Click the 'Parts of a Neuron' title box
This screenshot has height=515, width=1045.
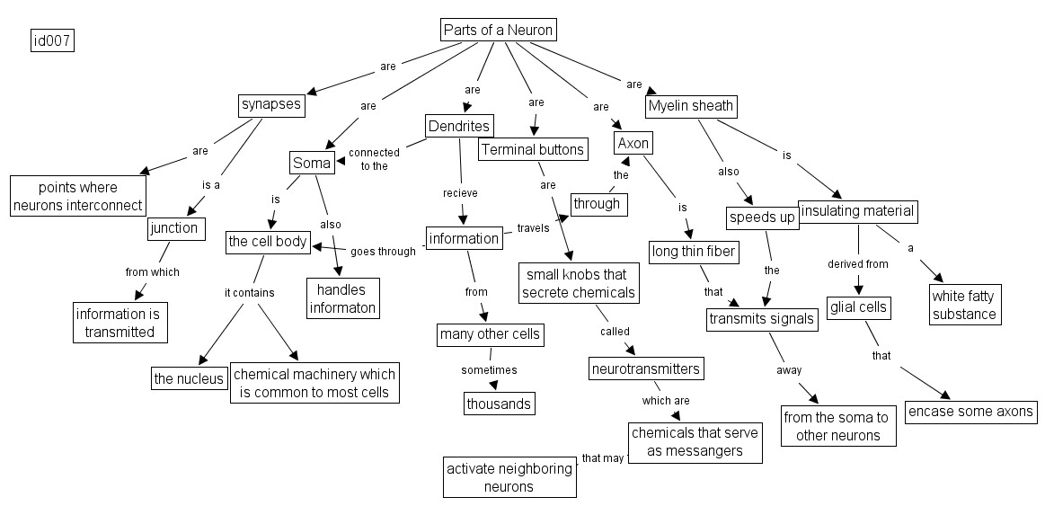pos(498,30)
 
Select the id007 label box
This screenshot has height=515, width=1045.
pos(52,40)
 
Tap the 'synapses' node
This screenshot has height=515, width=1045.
pos(271,105)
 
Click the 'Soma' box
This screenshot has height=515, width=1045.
pos(312,164)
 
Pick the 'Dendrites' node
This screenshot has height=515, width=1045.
pos(458,126)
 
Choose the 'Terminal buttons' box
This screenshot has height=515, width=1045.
pos(532,149)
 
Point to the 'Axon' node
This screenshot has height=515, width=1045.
pos(633,144)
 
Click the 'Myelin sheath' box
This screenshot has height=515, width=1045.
pos(691,106)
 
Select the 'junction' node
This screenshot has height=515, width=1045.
pos(174,228)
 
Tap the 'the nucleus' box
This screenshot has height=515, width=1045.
pos(189,378)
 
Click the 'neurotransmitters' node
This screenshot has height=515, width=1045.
pos(645,368)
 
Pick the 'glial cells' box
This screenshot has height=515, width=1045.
pos(857,307)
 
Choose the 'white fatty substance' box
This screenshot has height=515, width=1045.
pos(964,305)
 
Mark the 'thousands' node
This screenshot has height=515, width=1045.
pos(499,404)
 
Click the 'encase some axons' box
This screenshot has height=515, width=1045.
pos(970,412)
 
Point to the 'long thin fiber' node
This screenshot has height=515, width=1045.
pos(693,252)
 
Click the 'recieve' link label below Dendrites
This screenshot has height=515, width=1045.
pos(460,192)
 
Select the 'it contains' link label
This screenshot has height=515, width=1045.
pos(249,292)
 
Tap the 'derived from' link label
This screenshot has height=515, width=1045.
pos(857,264)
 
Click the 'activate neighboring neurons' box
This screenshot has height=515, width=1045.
pos(509,477)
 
